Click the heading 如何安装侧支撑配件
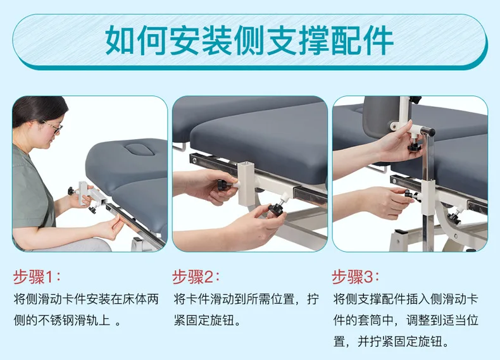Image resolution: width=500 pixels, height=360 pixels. point(249,40)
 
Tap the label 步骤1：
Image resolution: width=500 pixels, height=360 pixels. point(37,276)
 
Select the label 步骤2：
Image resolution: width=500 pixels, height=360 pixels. point(196,276)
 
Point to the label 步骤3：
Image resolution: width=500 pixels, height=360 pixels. point(356,276)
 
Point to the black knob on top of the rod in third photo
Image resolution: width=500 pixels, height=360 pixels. point(428,132)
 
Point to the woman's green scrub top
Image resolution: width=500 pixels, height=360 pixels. point(28,190)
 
